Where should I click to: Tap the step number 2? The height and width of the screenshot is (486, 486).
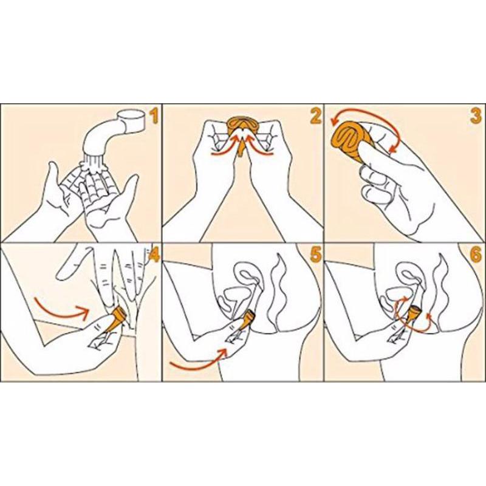[x=315, y=116]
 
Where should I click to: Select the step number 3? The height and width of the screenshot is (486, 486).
[x=476, y=116]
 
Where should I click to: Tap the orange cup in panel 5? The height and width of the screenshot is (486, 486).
[x=248, y=321]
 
